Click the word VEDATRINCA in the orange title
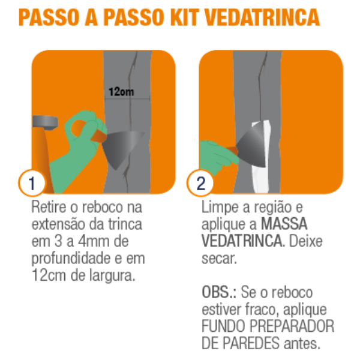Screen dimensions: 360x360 [x=262, y=17]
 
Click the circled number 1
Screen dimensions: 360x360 [x=32, y=183]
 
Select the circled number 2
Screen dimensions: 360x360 [x=200, y=183]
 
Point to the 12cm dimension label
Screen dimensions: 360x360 [x=121, y=92]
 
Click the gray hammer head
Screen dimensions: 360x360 [x=45, y=122]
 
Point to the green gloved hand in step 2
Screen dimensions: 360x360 [x=216, y=157]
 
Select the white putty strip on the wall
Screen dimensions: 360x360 [x=261, y=158]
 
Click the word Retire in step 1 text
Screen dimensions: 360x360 [x=49, y=207]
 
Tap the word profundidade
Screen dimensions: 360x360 [x=71, y=259]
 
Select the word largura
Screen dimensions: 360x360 [x=112, y=276]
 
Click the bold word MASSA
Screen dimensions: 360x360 [x=284, y=224]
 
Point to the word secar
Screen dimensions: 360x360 [x=219, y=259]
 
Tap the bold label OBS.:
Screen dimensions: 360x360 [x=219, y=292]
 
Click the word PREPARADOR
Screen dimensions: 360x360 [x=292, y=326]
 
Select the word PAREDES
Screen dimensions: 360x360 [x=251, y=343]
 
